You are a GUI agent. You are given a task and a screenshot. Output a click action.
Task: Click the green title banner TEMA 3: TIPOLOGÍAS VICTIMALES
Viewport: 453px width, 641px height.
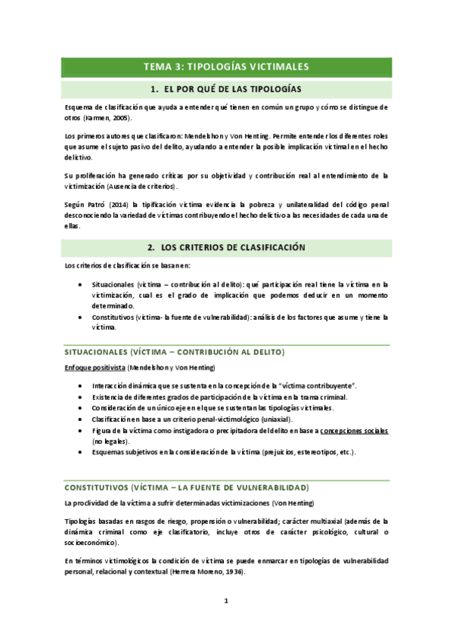(x=225, y=67)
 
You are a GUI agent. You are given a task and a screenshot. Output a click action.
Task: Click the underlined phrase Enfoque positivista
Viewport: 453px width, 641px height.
(x=95, y=367)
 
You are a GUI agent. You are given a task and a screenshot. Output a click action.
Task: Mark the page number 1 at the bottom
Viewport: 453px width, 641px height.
(x=225, y=602)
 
